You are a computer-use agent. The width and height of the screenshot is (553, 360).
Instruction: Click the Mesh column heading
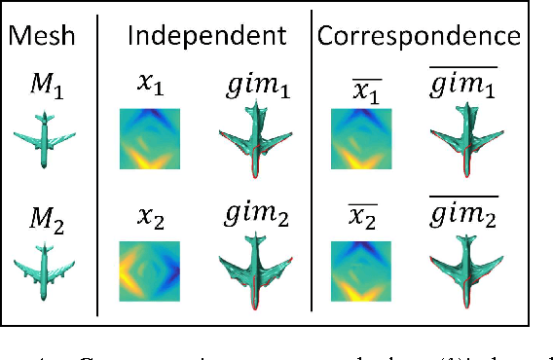click(x=46, y=36)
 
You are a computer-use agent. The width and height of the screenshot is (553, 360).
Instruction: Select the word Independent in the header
click(x=206, y=36)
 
